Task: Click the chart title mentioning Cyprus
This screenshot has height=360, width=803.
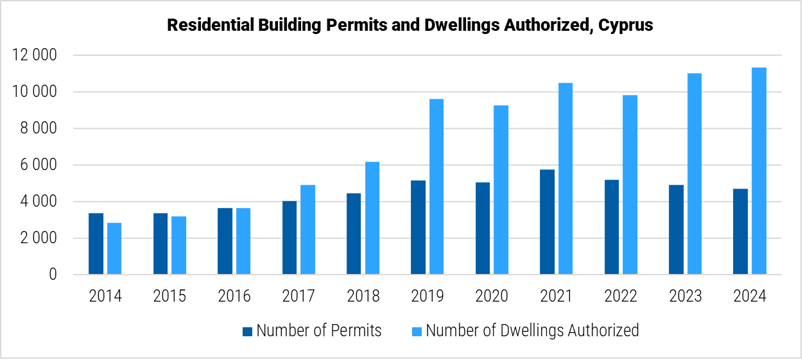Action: (410, 26)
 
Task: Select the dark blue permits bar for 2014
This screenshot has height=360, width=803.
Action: (96, 244)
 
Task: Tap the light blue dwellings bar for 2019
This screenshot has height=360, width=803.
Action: (436, 187)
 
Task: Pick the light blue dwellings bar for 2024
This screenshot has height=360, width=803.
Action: (759, 171)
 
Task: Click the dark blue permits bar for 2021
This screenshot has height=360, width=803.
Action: (547, 222)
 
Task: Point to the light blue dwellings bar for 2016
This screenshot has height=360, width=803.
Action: (243, 241)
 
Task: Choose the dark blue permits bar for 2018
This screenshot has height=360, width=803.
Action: (354, 234)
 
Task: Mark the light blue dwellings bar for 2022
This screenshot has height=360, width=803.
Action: (630, 185)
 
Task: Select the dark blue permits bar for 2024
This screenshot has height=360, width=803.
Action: (740, 232)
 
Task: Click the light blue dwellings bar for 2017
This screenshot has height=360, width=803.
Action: (307, 230)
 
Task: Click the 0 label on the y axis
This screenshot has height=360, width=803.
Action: (53, 275)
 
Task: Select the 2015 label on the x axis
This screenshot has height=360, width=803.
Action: (169, 296)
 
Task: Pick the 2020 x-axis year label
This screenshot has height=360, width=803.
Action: (492, 296)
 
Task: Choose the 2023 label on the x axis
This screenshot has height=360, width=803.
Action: (685, 296)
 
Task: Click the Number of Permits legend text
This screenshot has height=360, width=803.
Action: (318, 331)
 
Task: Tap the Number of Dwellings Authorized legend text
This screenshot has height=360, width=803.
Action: (532, 331)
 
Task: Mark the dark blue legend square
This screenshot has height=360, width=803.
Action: (247, 332)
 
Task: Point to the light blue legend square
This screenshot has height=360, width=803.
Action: (417, 332)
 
